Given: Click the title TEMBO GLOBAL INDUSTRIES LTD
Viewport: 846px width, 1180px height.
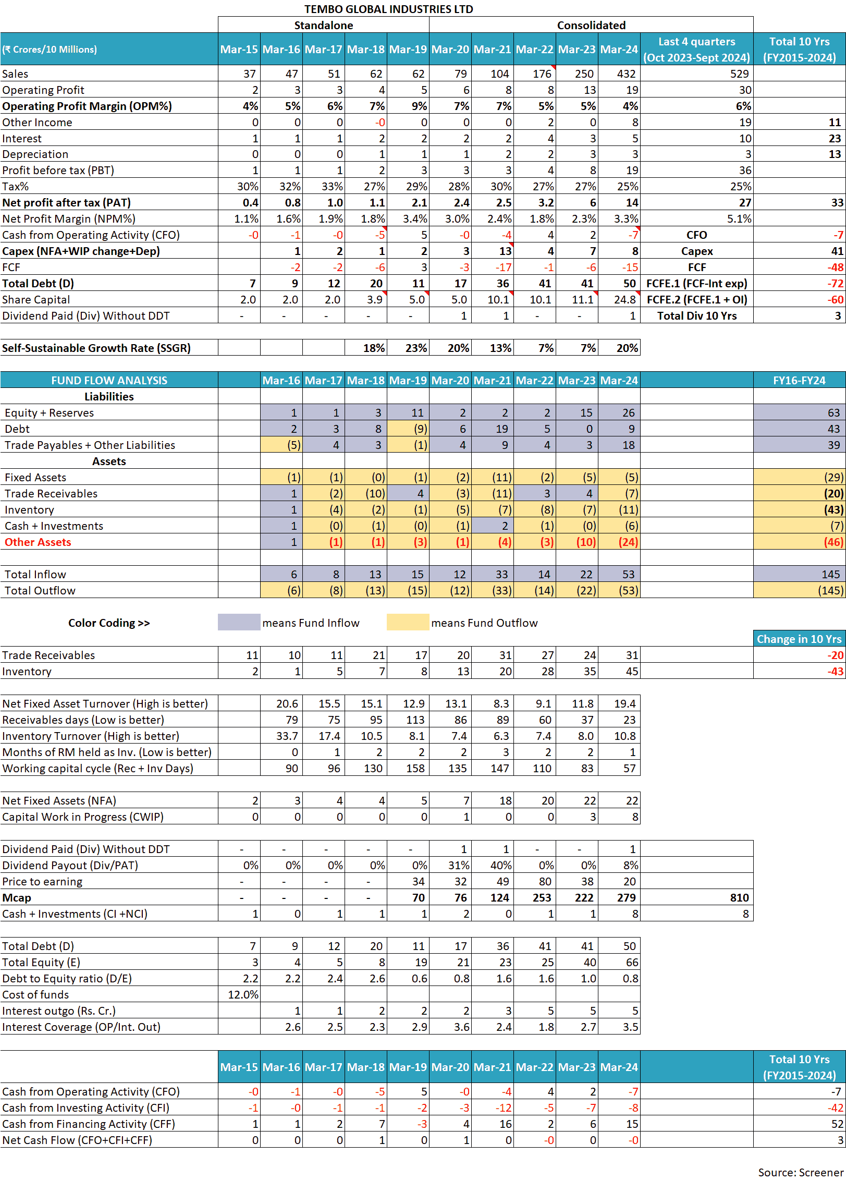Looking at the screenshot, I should [x=388, y=9].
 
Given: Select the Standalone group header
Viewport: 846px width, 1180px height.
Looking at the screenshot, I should [x=323, y=25].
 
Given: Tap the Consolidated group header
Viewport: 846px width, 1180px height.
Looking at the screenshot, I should [x=591, y=25].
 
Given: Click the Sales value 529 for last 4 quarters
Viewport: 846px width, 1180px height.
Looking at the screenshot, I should [x=739, y=74].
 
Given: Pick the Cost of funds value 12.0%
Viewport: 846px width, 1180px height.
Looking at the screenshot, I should [x=243, y=994].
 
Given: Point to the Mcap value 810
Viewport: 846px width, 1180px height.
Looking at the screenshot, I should [x=739, y=897].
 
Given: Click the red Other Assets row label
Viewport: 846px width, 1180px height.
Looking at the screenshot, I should [x=38, y=542].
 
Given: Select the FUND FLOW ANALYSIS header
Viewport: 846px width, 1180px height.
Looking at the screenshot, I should [x=109, y=380].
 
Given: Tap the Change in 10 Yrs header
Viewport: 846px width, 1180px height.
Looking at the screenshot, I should [x=799, y=639].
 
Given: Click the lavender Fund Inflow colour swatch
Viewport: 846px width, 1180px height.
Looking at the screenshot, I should [x=239, y=622].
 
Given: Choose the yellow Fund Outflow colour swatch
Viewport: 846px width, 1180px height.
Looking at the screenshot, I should [x=408, y=622].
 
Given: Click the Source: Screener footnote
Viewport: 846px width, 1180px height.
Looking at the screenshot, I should [x=800, y=1172].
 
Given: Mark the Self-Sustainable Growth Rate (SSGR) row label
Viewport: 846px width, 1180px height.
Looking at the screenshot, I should [x=96, y=348].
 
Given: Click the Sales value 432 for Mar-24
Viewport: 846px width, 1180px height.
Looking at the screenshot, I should [x=626, y=74].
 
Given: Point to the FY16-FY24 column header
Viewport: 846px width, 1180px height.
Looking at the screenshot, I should [x=799, y=380].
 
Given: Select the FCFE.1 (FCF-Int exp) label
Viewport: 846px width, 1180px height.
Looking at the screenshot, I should [x=696, y=283].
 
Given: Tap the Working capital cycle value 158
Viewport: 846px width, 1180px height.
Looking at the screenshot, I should [x=415, y=768].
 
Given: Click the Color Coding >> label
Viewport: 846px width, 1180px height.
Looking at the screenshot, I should [x=109, y=623].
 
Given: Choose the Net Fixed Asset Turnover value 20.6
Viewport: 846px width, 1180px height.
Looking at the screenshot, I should [x=287, y=703].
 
